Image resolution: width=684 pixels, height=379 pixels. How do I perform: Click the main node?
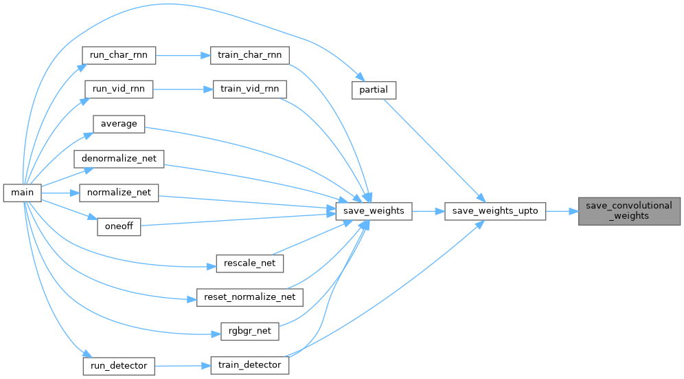click(x=22, y=193)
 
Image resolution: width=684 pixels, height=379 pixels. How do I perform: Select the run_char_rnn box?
click(x=119, y=55)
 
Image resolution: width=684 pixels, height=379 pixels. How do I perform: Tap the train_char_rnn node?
click(x=249, y=55)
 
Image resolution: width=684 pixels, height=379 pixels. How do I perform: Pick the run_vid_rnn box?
click(x=119, y=89)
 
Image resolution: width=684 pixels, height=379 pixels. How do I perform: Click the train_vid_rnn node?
click(x=249, y=89)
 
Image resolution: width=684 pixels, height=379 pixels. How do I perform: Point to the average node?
click(x=119, y=124)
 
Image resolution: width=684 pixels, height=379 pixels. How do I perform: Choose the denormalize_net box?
click(x=119, y=158)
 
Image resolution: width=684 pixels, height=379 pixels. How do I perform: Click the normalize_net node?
click(x=119, y=193)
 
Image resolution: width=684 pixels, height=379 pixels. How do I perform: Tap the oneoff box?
click(x=119, y=226)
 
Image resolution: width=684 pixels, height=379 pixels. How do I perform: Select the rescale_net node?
click(x=249, y=263)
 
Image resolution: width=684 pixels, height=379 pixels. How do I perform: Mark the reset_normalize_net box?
click(x=249, y=297)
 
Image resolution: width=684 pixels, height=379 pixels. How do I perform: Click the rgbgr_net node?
click(x=249, y=331)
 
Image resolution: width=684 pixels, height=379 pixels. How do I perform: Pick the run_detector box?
click(x=119, y=366)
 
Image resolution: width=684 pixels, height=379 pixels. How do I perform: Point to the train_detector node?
click(x=249, y=365)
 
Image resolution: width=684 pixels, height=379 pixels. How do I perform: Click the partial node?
click(x=374, y=90)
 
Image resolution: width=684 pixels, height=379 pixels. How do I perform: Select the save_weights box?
click(x=374, y=211)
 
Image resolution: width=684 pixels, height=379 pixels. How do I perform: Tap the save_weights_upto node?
click(x=495, y=211)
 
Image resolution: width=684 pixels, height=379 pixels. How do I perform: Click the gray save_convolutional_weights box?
click(x=629, y=211)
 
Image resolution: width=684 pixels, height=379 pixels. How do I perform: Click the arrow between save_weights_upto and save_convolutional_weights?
click(x=562, y=211)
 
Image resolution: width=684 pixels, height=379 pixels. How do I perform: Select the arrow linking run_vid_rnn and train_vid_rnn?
click(x=183, y=89)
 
